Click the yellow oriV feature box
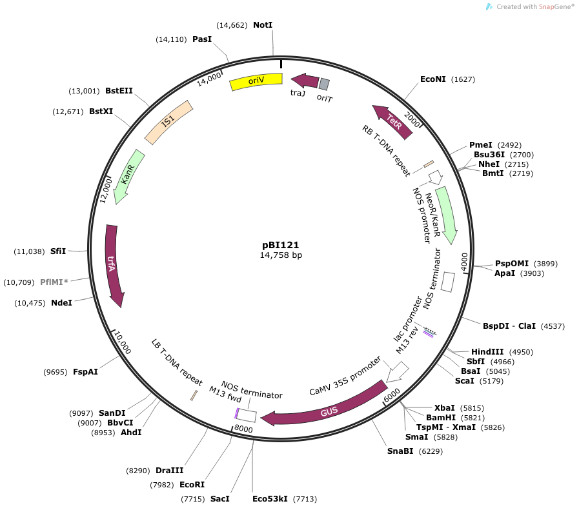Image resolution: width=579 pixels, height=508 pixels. pos(256,81)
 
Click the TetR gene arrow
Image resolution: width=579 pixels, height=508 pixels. pos(393,121)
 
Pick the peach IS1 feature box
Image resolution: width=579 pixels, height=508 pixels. pos(168,122)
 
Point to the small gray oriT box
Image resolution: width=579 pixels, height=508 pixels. pos(324,84)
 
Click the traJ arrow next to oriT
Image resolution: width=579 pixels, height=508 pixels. pos(305,81)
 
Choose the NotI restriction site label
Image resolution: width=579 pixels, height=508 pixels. pos(263,24)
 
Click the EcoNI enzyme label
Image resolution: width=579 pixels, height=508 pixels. pos(432,79)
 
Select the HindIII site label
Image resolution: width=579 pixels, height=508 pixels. pos(487,352)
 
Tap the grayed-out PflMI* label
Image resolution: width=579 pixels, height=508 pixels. pos(54,282)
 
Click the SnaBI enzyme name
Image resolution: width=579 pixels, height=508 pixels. pos(400,451)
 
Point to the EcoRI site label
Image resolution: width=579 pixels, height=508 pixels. pos(192,484)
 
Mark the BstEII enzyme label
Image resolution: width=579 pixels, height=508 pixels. pos(119,91)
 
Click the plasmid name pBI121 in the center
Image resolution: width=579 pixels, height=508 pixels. pos(281,245)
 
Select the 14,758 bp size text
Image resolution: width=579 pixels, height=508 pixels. pos(281,255)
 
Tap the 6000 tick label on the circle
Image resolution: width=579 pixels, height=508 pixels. pos(392,395)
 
